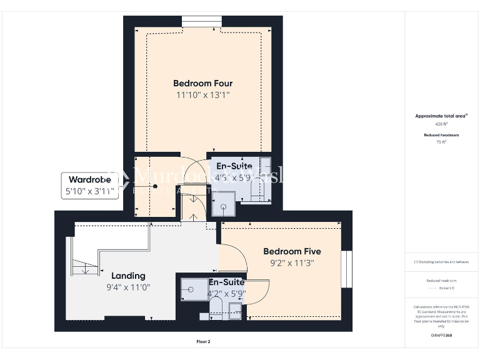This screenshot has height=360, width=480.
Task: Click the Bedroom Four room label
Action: point(202,83)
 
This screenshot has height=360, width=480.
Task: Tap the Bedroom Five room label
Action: point(292,251)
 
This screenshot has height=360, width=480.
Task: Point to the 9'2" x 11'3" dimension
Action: point(292,263)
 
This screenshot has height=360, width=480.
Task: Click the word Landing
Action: point(128,276)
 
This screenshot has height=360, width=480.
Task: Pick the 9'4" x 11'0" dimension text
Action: point(128,287)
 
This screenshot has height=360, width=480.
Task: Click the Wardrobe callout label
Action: point(89,180)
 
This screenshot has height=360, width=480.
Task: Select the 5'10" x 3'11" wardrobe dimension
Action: point(89,192)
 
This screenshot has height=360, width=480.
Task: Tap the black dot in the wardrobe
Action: point(137,186)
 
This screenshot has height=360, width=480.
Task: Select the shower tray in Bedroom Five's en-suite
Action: point(191,287)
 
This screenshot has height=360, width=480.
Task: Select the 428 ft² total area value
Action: point(441,124)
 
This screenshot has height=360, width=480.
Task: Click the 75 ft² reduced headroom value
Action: point(441,142)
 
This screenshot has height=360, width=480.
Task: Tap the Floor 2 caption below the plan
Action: point(204,342)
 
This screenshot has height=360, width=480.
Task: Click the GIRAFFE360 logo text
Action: point(441,336)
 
